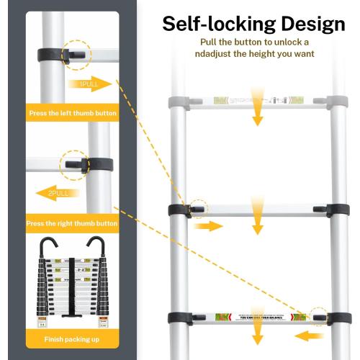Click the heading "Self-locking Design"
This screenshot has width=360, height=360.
pyautogui.click(x=253, y=24)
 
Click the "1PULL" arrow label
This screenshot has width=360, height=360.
pyautogui.click(x=91, y=84)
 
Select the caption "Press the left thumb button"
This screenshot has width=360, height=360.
pyautogui.click(x=72, y=114)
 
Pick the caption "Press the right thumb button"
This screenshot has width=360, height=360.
pyautogui.click(x=72, y=224)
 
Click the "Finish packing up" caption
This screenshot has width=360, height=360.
pyautogui.click(x=72, y=339)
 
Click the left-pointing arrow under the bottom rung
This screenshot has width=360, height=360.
pyautogui.click(x=307, y=336)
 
